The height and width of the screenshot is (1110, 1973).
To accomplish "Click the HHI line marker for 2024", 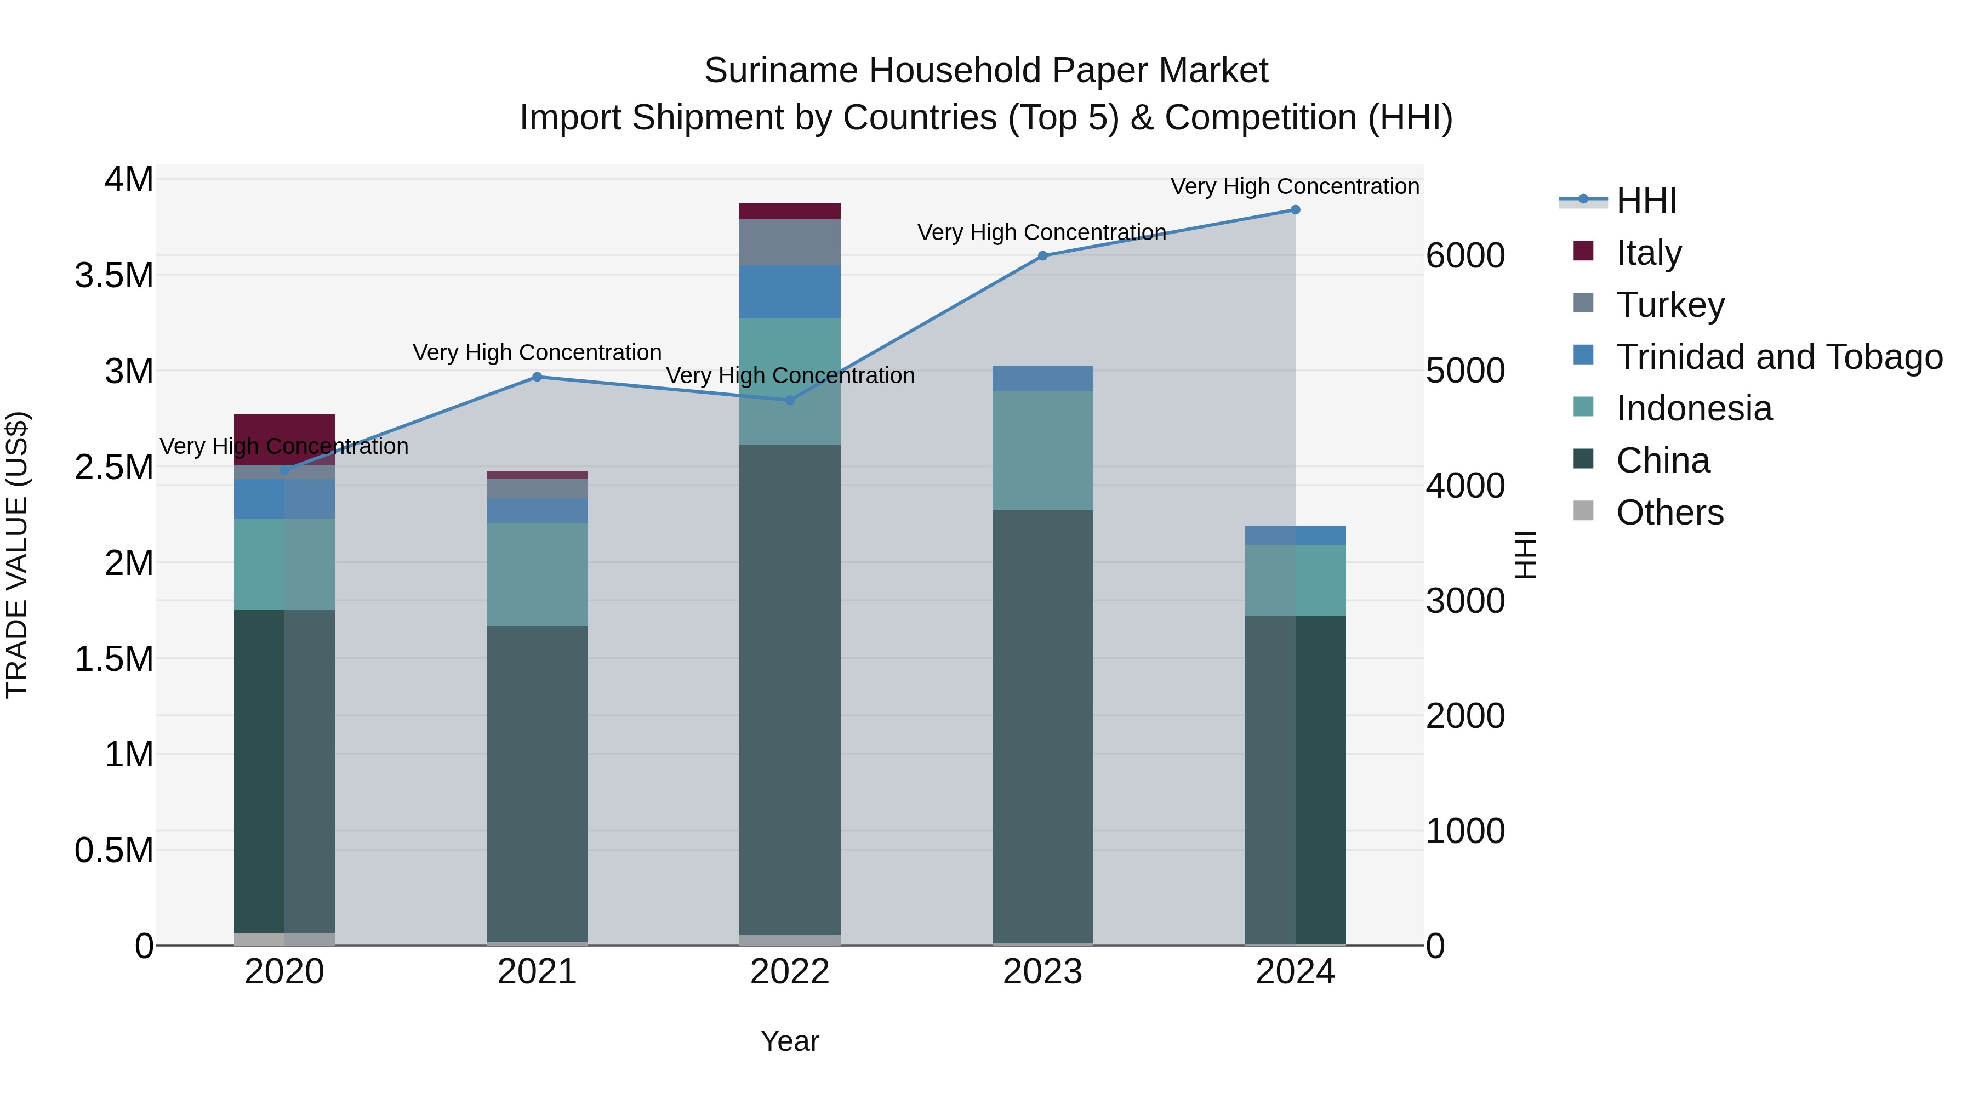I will tap(1295, 210).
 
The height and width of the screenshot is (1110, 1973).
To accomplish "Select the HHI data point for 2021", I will tap(537, 377).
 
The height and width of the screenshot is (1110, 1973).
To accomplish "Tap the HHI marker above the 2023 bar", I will tap(1042, 256).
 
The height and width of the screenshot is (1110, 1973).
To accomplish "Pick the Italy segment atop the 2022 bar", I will tap(790, 212).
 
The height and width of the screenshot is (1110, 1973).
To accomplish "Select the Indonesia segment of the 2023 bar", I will tap(1042, 451).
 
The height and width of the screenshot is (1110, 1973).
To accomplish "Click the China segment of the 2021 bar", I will tap(537, 781).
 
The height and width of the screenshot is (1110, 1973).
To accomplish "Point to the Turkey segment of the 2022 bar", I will tap(790, 242).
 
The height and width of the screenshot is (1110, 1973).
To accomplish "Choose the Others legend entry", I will tap(1670, 513).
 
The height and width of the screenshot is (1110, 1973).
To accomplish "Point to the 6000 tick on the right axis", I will tap(1464, 256).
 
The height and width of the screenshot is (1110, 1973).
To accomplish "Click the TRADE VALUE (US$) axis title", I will tap(17, 555).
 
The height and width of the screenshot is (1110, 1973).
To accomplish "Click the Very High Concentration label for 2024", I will tap(1295, 187).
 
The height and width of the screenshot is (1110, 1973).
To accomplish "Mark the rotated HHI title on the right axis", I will tap(1526, 555).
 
